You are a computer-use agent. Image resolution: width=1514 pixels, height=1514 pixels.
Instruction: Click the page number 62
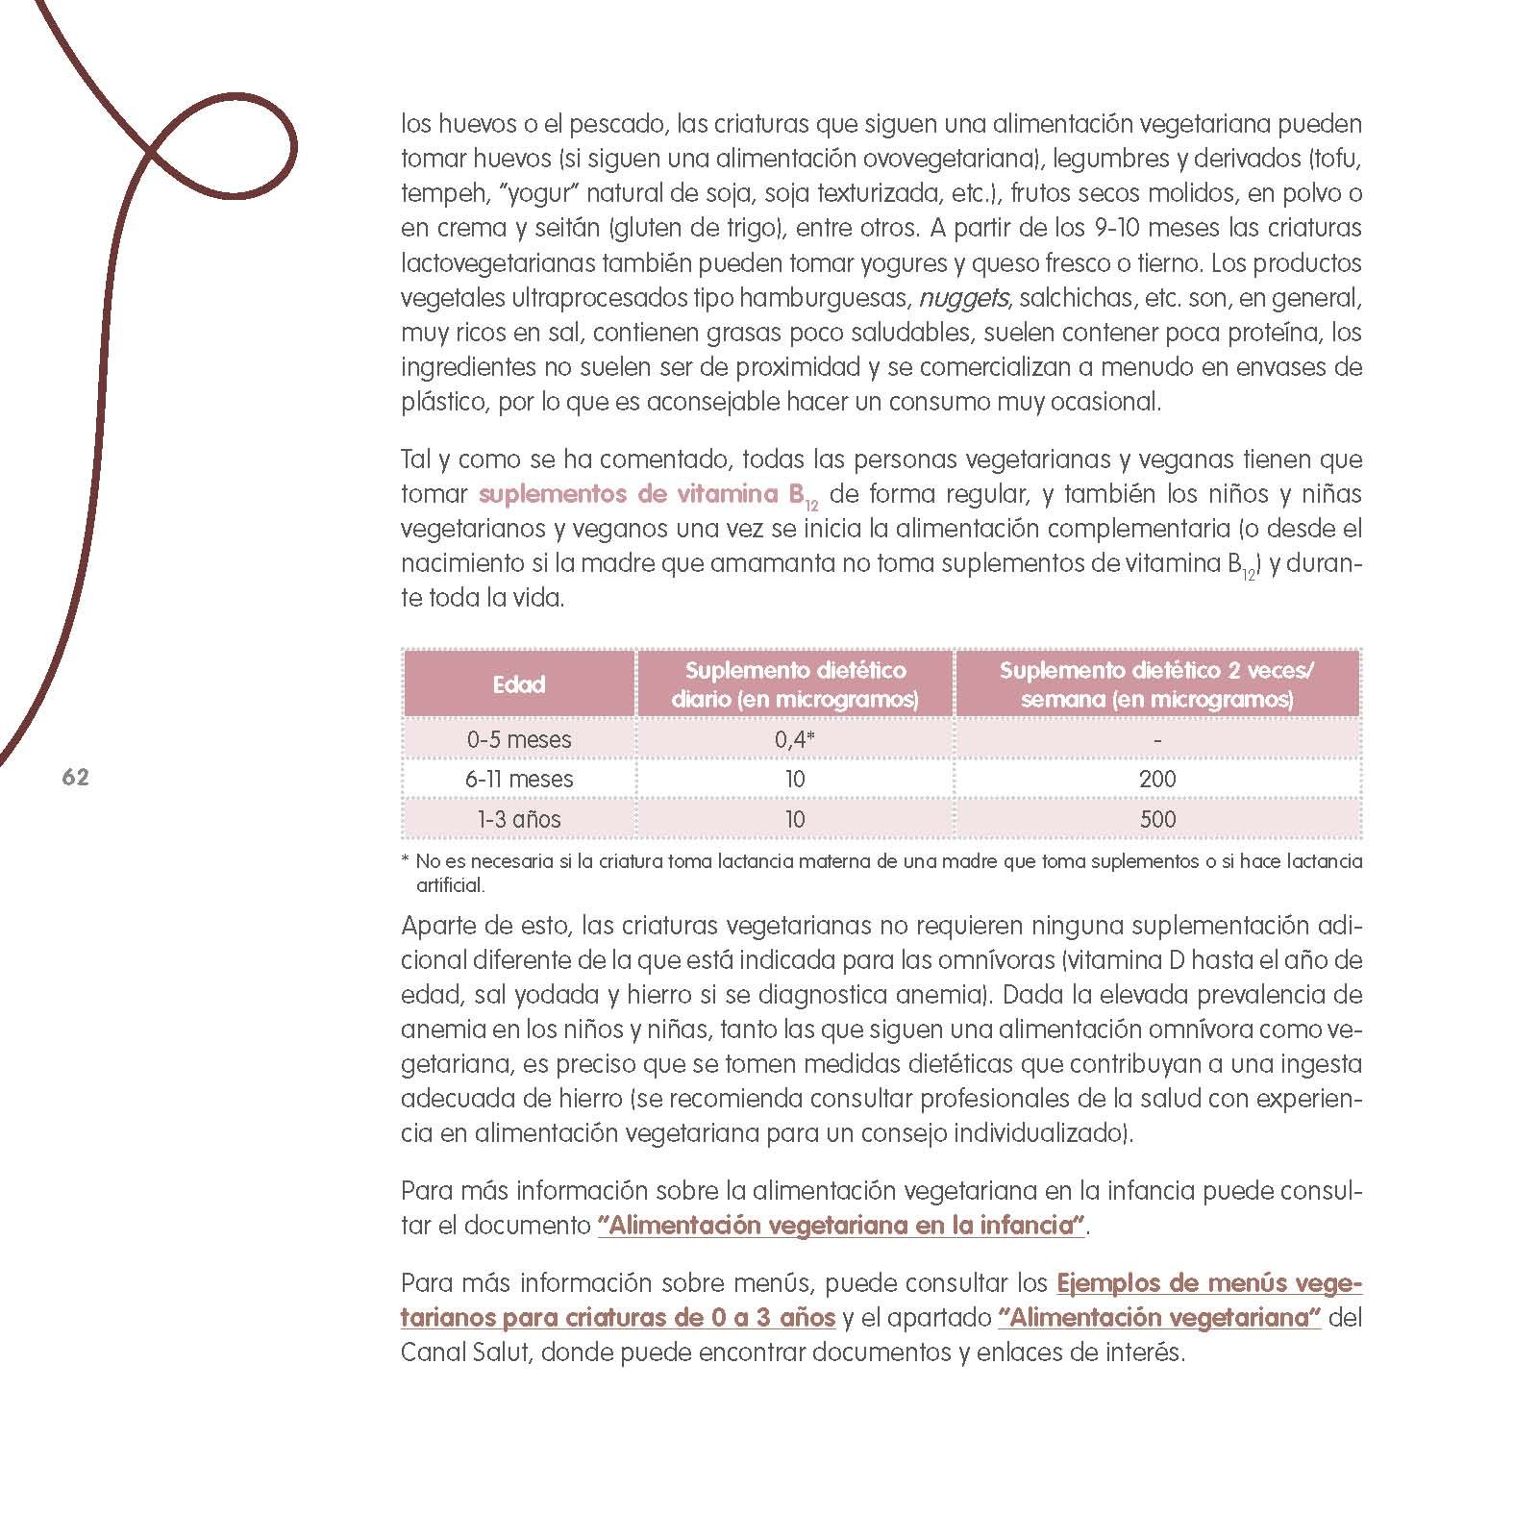75,778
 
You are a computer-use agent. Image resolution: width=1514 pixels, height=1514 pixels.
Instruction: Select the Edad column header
519,684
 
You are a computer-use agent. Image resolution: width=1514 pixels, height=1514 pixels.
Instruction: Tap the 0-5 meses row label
519,739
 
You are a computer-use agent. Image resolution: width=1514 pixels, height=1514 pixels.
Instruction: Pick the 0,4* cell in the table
794,739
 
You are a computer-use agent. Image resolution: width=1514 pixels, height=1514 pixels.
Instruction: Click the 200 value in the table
1157,779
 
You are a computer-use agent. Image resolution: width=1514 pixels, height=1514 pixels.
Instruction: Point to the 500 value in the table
1157,819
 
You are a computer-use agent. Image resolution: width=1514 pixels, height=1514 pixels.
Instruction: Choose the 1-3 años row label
519,819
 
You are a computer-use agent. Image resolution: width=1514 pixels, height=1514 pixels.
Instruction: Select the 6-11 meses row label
519,779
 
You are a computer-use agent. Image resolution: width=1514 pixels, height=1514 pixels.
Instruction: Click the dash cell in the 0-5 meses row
1157,739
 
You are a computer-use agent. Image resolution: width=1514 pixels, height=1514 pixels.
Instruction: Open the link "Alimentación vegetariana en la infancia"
841,1226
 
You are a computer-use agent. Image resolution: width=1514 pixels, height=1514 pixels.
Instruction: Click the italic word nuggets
963,298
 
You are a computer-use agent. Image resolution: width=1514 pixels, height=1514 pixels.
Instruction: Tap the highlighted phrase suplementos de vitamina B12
648,495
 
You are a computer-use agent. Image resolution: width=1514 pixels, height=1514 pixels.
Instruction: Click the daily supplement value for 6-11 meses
794,779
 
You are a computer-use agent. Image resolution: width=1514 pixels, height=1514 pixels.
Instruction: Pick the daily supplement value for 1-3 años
794,819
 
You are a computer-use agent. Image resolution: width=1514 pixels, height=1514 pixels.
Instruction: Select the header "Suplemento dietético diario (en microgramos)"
794,684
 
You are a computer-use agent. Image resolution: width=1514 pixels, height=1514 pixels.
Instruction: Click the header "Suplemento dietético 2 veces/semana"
1157,684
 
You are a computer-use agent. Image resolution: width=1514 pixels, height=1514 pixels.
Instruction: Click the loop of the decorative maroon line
231,144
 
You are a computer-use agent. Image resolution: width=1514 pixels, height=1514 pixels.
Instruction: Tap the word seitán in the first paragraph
570,229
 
